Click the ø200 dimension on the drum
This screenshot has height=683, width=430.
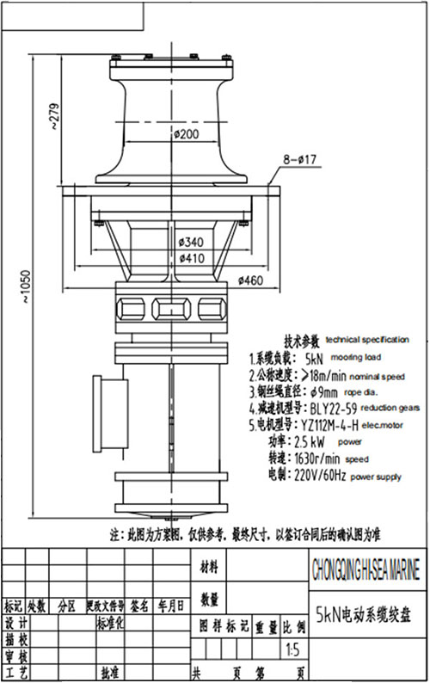pyautogui.click(x=186, y=134)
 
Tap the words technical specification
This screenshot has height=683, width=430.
pyautogui.click(x=368, y=341)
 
